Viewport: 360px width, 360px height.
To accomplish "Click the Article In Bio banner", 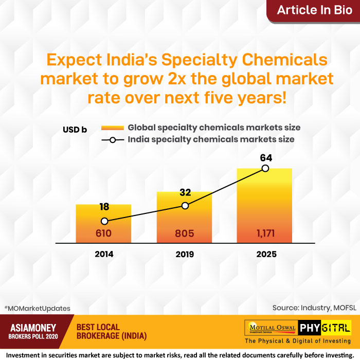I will pos(314,10).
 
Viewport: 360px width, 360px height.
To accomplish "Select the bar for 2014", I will pos(104,224).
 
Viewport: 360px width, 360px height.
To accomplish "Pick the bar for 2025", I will pos(264,206).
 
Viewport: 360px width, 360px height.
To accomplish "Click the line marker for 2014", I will pos(104,221).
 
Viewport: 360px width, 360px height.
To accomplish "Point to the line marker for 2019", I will pos(185,206).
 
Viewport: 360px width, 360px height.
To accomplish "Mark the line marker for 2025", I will pos(265,168).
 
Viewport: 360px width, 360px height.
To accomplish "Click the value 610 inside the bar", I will pos(104,233).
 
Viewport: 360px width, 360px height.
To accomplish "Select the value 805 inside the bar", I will pos(184,233).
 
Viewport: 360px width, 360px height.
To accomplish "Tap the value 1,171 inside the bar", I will pos(264,233).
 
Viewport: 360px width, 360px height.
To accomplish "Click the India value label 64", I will pos(266,157).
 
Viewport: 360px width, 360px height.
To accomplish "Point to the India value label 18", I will pos(104,207).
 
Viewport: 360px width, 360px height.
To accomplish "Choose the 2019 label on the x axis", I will pos(184,254).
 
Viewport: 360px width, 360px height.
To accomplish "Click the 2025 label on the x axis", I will pos(264,254).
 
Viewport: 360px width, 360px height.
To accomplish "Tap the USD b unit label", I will pos(75,130).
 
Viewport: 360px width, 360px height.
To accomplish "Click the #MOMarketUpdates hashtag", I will pos(37,308).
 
